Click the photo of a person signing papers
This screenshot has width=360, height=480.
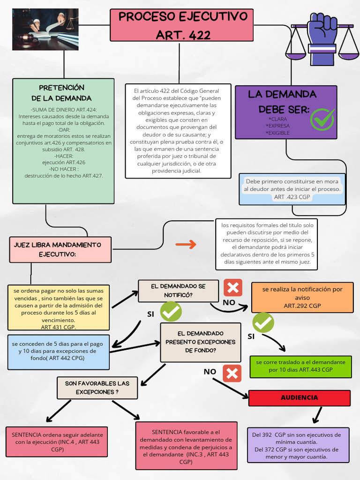pos(45,29)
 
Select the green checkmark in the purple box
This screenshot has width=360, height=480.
pos(322,119)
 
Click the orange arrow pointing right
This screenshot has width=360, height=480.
pos(186,244)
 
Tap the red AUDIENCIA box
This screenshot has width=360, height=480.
pos(299,397)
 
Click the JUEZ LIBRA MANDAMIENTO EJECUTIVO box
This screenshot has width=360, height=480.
pos(60,249)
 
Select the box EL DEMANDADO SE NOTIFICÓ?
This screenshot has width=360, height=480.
pos(178,291)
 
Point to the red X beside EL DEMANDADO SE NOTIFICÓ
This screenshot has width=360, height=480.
pos(232,287)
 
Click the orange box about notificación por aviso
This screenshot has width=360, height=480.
pos(302,297)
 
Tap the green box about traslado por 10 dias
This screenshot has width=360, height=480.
pos(300,366)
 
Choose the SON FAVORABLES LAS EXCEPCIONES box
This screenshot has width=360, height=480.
pos(97,387)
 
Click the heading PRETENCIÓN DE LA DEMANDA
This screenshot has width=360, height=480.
pos(61,93)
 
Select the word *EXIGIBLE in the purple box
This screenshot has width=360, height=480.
pos(277,133)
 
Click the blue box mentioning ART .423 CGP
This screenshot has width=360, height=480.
pos(292,189)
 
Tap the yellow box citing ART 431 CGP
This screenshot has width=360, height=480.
pos(58,307)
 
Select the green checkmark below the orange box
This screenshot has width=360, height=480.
pos(263,322)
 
